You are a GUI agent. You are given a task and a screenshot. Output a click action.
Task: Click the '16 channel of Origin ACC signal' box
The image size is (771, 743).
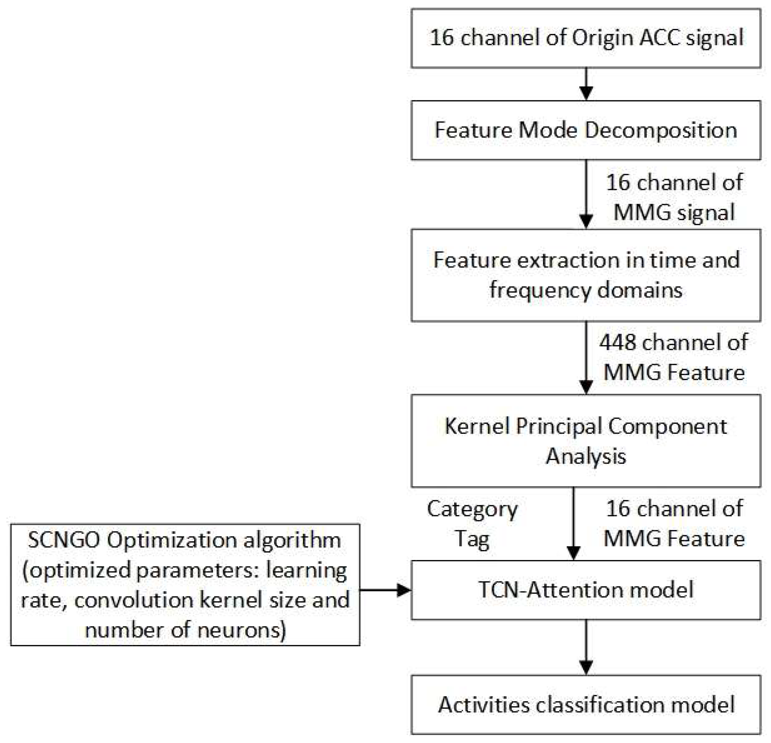(586, 38)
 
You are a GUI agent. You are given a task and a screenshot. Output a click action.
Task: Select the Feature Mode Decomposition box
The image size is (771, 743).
(586, 130)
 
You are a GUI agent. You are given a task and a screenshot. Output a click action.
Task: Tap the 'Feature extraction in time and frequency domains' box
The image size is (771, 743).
(586, 275)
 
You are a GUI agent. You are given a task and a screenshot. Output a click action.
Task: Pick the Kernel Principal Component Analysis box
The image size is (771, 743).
(586, 441)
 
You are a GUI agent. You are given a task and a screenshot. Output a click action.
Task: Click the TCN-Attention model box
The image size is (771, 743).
(586, 590)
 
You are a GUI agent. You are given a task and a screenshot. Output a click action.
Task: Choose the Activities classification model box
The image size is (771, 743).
(586, 704)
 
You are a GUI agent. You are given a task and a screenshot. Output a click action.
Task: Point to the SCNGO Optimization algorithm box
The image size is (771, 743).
(185, 585)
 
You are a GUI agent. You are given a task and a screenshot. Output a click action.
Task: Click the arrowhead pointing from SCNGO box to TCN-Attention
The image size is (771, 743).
(404, 590)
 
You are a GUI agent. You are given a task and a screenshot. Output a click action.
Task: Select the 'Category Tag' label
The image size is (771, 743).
(472, 524)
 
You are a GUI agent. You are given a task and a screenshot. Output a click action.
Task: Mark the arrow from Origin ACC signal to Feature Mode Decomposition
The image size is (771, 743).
(586, 84)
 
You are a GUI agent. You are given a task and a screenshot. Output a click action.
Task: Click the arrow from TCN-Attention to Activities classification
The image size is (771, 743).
(586, 647)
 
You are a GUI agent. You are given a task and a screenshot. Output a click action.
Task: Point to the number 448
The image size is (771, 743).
(618, 342)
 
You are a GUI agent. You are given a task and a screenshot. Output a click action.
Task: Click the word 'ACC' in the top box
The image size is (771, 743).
(659, 38)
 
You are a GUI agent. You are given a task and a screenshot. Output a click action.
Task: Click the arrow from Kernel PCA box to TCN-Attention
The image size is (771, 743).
(574, 523)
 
